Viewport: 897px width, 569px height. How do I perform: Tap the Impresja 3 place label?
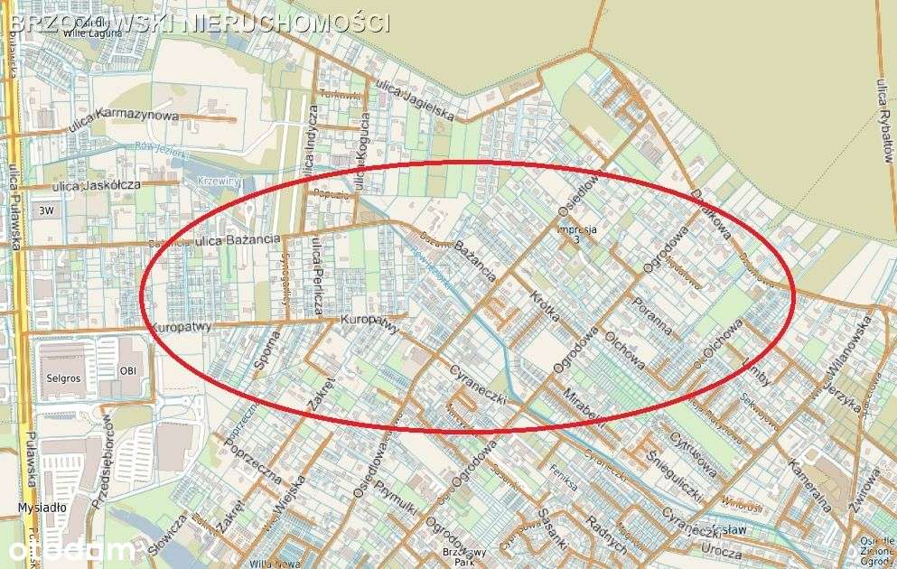pyautogui.click(x=577, y=234)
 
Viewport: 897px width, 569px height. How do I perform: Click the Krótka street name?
pyautogui.click(x=545, y=306)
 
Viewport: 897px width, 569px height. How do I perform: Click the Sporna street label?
pyautogui.click(x=267, y=351)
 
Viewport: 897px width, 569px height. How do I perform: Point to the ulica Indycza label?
pyautogui.click(x=312, y=138)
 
